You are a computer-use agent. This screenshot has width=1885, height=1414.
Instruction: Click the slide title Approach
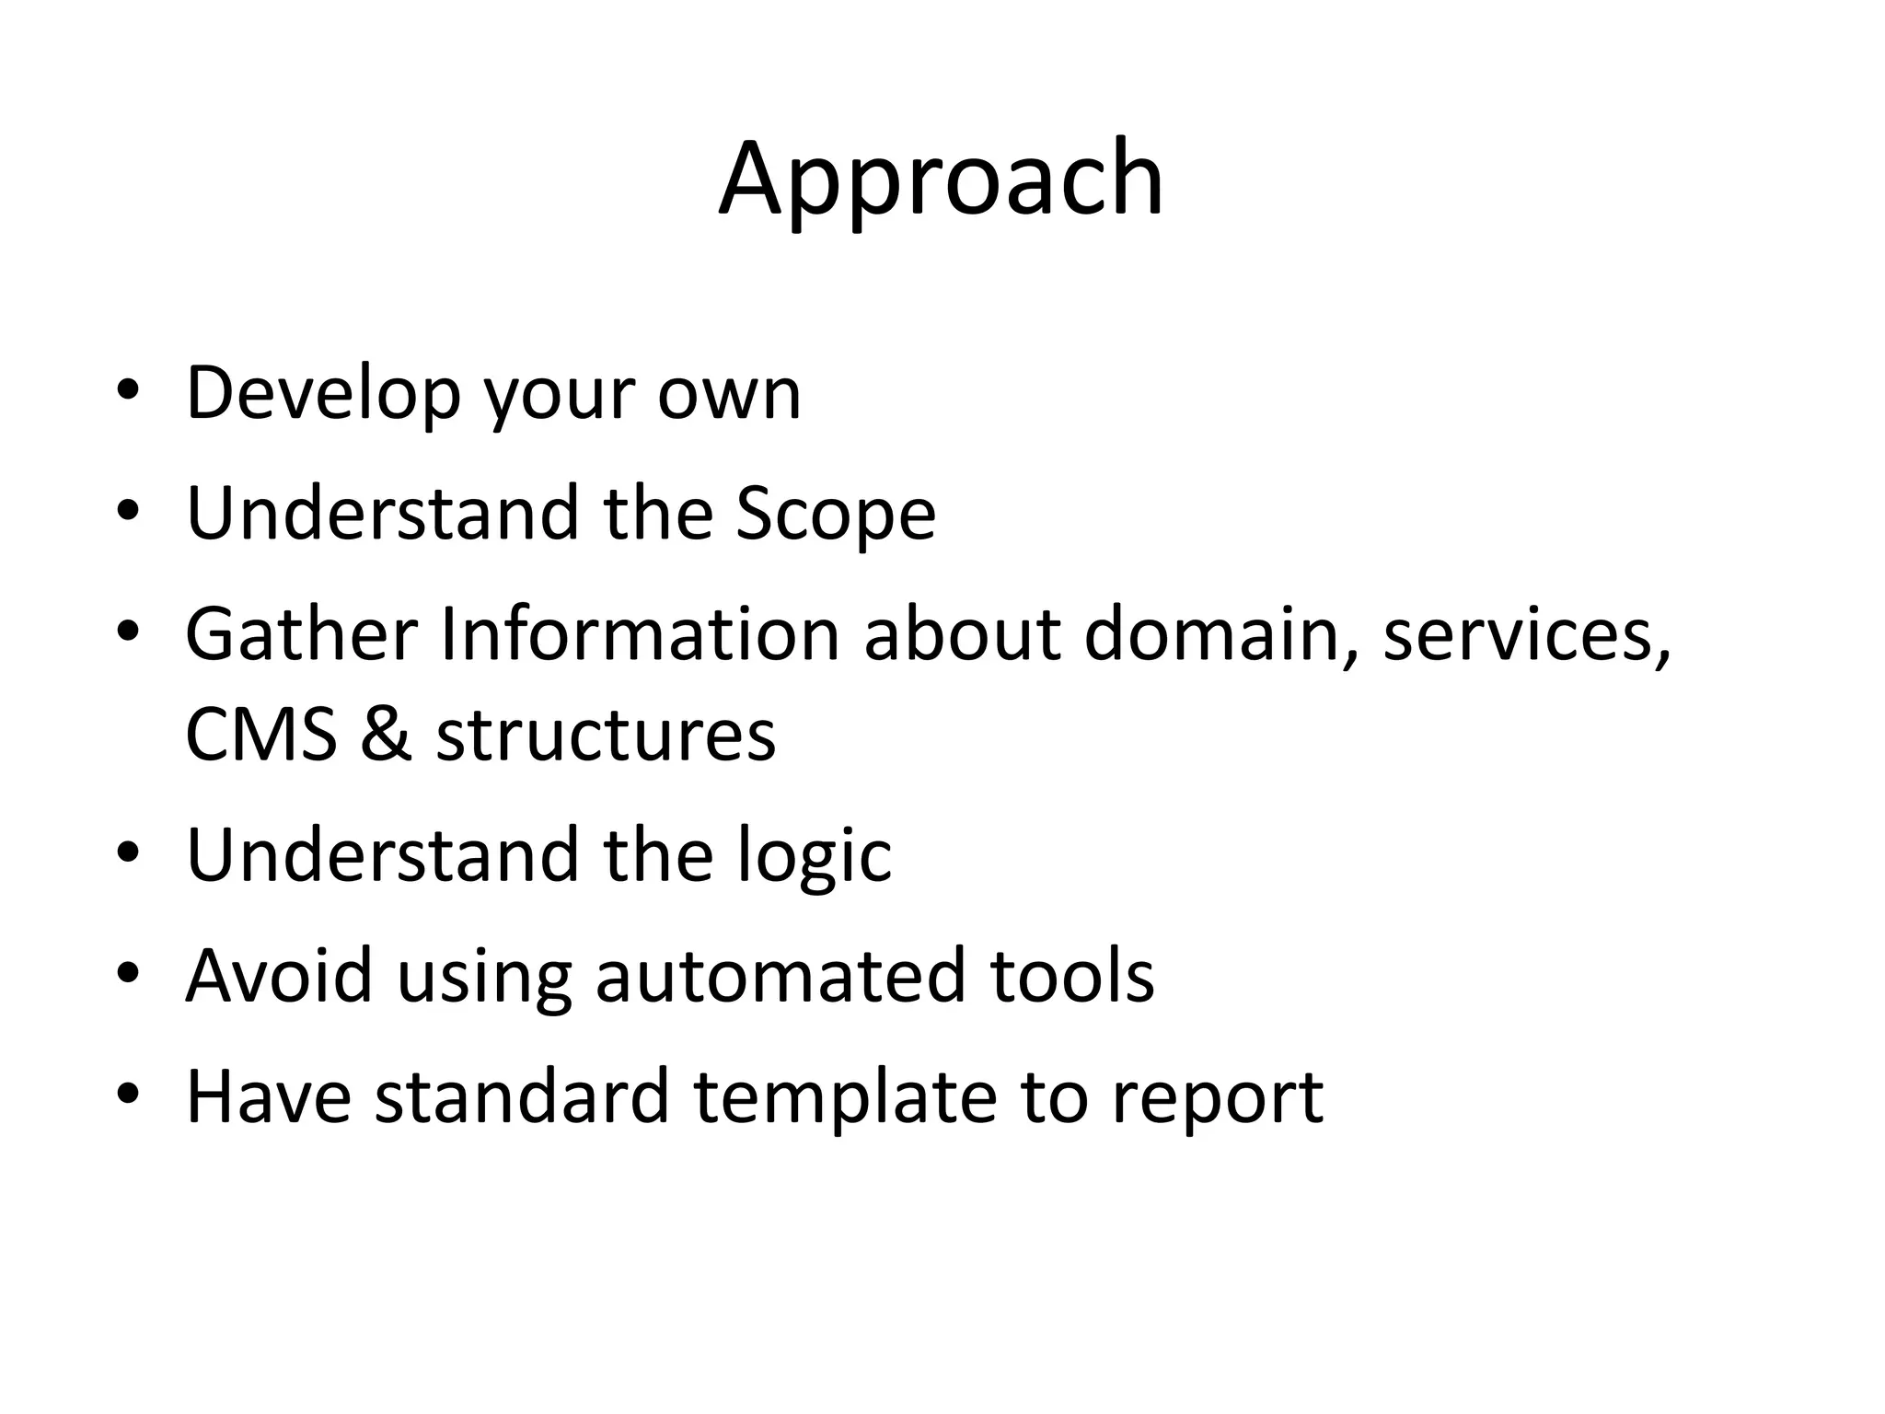tap(941, 180)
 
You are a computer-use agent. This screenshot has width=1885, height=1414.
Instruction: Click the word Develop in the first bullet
tap(322, 394)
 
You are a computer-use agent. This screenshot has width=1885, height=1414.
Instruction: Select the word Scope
tap(836, 516)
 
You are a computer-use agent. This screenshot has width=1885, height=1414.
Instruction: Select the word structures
tap(606, 736)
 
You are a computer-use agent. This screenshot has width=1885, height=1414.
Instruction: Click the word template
tap(844, 1098)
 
